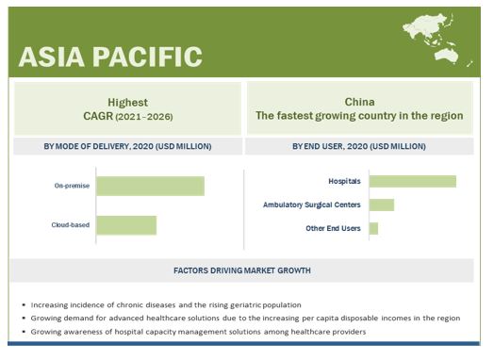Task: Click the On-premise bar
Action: tap(150, 187)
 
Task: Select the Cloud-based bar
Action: tap(126, 225)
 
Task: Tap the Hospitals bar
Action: tap(413, 182)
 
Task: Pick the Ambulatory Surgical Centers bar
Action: tap(382, 205)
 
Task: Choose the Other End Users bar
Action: tap(373, 228)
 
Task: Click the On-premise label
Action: tap(72, 186)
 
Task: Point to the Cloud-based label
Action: tap(71, 225)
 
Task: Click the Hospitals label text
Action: tap(344, 182)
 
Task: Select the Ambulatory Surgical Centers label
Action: tap(312, 205)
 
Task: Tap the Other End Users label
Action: tap(333, 228)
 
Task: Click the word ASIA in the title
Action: tap(52, 57)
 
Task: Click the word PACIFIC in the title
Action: tap(147, 57)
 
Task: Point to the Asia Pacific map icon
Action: tap(437, 40)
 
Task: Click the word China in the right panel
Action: tap(359, 102)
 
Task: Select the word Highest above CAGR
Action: tap(127, 103)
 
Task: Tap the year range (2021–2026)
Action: tap(144, 117)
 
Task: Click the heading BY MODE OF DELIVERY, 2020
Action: tap(127, 146)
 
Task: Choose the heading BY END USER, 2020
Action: tap(359, 146)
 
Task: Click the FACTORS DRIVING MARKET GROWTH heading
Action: tap(242, 270)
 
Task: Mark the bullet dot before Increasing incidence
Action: tap(24, 305)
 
